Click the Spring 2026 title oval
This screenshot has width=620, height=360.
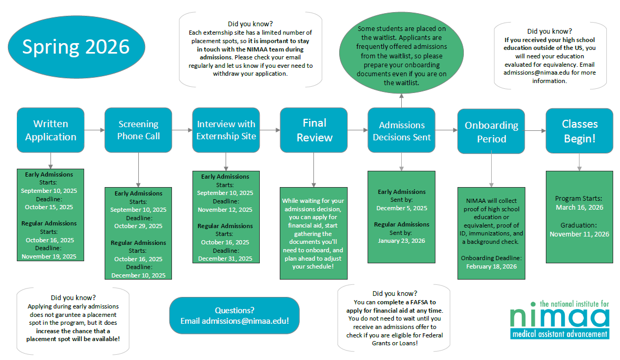(x=76, y=47)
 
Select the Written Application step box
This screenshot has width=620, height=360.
(x=50, y=130)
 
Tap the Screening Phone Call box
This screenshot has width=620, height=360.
(x=138, y=130)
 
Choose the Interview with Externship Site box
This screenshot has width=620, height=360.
(x=226, y=130)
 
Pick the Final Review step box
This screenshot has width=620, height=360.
(x=314, y=130)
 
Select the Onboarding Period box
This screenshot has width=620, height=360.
(x=491, y=131)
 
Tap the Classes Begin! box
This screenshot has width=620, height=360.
(x=580, y=131)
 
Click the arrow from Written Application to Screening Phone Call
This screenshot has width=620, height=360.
(x=95, y=130)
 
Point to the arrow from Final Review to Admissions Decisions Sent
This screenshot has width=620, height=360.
(x=358, y=130)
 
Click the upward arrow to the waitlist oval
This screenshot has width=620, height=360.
(x=401, y=100)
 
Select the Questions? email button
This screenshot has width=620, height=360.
(x=235, y=315)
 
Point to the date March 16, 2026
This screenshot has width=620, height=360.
(x=580, y=208)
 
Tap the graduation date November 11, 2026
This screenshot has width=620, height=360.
(x=580, y=234)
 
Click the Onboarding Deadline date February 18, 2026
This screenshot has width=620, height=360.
(x=491, y=266)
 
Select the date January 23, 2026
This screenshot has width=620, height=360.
(x=401, y=241)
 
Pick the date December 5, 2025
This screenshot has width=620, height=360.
(x=401, y=208)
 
